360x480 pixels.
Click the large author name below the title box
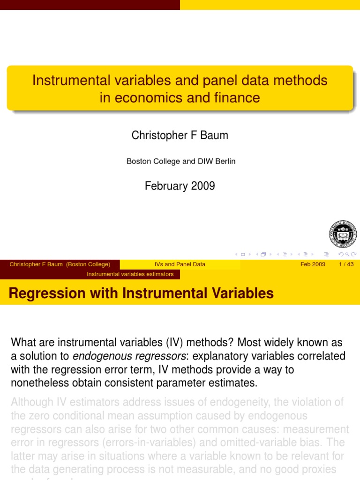point(180,135)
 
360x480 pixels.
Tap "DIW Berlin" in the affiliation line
point(218,161)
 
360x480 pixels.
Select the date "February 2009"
point(180,186)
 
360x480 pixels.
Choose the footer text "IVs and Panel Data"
point(180,264)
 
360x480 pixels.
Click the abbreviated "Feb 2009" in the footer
point(313,264)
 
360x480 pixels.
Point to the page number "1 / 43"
point(346,264)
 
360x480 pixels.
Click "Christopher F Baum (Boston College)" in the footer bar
point(60,264)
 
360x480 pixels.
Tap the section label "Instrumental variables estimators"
point(130,274)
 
